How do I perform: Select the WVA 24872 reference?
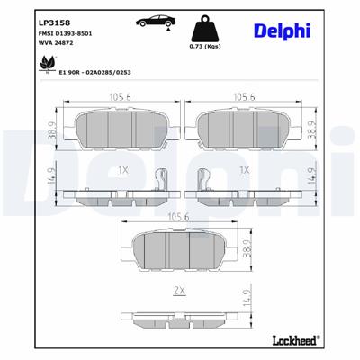pyautogui.click(x=35, y=41)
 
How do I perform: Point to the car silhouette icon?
pyautogui.click(x=155, y=22)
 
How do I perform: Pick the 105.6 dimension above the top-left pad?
pyautogui.click(x=112, y=100)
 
